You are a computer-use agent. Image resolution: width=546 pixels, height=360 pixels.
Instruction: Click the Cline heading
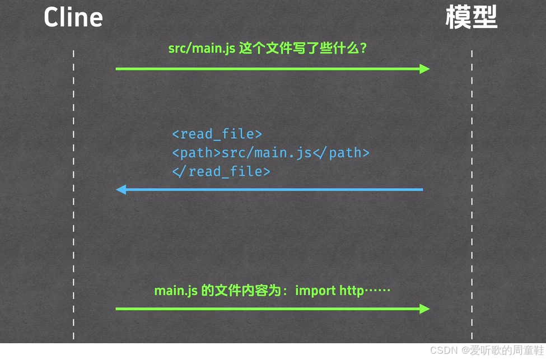73,17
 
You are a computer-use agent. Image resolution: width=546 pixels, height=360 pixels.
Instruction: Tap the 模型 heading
472,17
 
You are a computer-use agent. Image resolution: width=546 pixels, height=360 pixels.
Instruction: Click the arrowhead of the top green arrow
424,69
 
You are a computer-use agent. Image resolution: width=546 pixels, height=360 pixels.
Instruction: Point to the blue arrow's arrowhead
121,190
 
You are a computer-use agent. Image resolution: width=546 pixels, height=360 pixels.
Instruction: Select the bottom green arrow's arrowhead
424,308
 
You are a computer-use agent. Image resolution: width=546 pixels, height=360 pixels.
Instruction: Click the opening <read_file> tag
217,134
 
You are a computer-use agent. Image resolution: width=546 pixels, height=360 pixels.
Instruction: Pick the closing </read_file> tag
221,171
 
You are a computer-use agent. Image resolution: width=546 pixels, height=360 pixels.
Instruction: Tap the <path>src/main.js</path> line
270,153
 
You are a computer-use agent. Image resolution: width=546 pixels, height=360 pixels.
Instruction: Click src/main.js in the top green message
201,48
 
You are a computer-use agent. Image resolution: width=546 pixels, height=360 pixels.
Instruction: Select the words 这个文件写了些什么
298,48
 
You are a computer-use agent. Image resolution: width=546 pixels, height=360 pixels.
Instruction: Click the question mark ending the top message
363,48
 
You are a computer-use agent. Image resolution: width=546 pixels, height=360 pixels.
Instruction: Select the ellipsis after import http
378,291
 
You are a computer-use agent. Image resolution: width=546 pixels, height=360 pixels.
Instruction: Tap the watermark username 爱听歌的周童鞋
506,350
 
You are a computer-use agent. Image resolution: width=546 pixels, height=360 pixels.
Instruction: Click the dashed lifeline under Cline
73,224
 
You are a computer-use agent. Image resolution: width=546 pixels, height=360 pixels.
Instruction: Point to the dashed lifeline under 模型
472,224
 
